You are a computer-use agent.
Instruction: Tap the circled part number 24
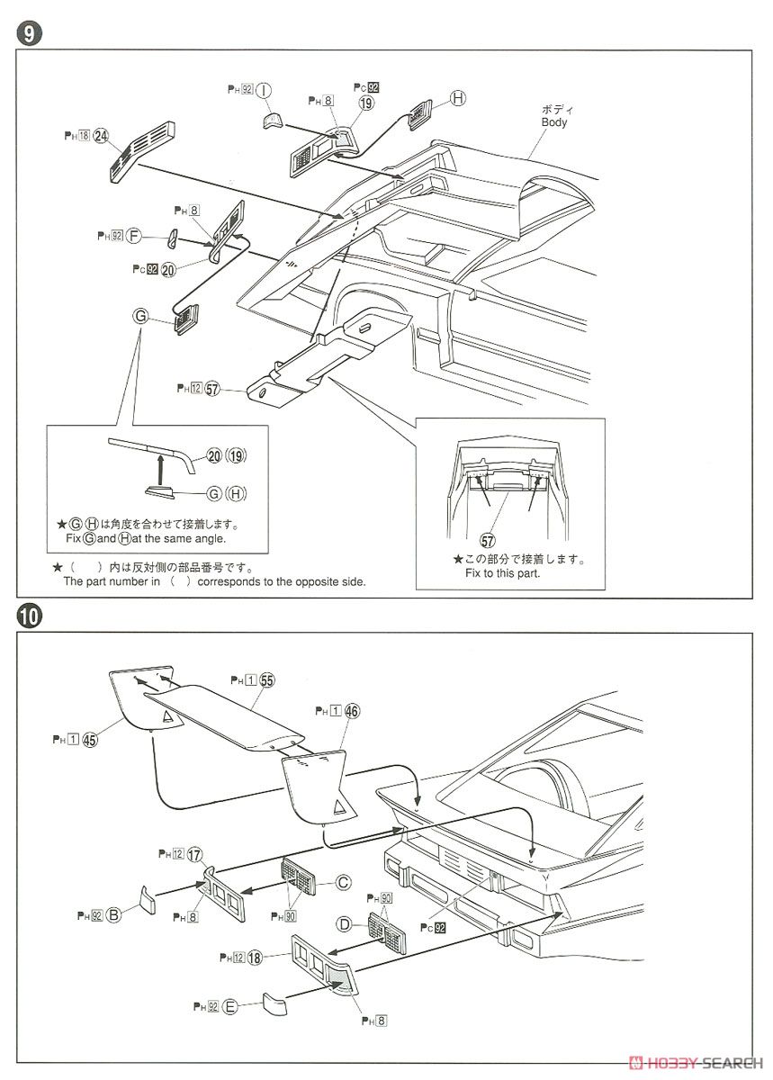coord(102,136)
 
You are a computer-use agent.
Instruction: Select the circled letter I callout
coord(264,90)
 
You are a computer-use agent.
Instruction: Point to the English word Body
coord(554,122)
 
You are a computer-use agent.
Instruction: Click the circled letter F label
coord(134,236)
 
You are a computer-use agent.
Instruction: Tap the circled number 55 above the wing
coord(266,680)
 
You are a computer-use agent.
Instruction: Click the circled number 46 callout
coord(352,711)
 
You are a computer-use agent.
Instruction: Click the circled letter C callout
coord(343,883)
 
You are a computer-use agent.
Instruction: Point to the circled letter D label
coord(343,924)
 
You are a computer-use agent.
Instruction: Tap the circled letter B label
coord(113,914)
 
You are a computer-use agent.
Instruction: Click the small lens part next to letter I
coord(273,121)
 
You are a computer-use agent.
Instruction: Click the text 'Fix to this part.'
coord(502,572)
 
